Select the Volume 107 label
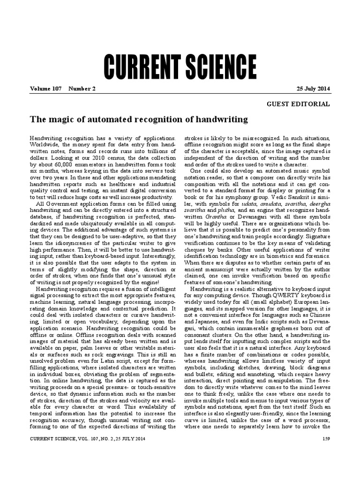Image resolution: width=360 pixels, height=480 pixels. tap(46, 89)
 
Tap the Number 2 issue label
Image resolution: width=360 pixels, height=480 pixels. tap(82, 89)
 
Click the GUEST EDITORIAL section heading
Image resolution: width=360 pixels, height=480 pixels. tap(298, 104)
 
